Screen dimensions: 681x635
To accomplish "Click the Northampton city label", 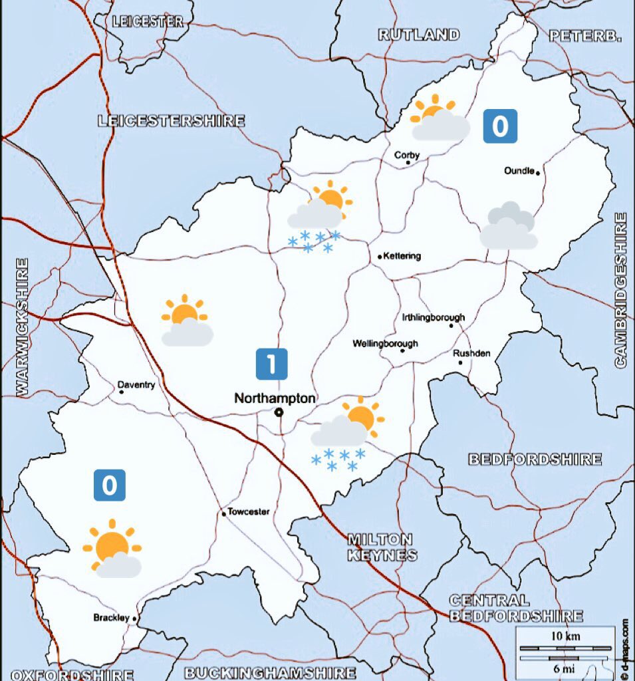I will (x=275, y=398).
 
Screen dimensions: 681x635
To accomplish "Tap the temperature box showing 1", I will (x=272, y=364).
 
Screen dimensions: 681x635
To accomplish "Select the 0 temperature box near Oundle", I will (x=499, y=126).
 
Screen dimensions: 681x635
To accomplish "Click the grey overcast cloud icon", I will (x=509, y=226).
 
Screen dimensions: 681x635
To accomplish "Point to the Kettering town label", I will (x=402, y=256).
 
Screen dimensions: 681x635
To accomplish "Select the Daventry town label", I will (x=136, y=385).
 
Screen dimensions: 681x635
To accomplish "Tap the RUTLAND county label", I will (x=419, y=35).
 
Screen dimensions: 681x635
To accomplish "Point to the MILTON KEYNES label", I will (x=381, y=547).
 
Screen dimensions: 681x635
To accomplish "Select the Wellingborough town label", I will (x=386, y=344).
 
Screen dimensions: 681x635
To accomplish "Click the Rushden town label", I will (x=471, y=353).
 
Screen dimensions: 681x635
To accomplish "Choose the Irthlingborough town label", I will (x=434, y=317).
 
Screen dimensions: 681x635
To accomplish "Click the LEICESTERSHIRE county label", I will (x=171, y=121).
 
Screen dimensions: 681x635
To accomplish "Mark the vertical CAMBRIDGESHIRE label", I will (x=620, y=290).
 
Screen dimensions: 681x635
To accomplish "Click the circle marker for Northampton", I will (x=279, y=412).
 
